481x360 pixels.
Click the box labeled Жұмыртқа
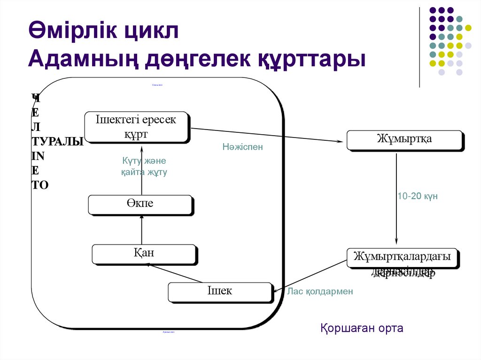coord(404,140)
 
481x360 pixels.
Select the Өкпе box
coord(140,204)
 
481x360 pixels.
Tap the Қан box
coord(143,253)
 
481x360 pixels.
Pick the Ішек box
coord(220,291)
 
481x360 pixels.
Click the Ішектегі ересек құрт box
coord(136,126)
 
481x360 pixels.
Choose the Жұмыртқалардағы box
coord(403,257)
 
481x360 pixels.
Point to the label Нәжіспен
coord(243,147)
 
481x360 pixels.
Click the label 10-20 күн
coord(418,196)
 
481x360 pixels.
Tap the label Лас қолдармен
coord(320,291)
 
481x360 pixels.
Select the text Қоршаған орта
coord(362,328)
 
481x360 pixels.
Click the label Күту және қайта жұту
coord(144,167)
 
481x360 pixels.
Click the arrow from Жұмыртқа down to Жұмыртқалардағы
coord(396,197)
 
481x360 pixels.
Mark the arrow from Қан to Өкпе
coord(141,230)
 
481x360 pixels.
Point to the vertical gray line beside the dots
coord(419,47)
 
